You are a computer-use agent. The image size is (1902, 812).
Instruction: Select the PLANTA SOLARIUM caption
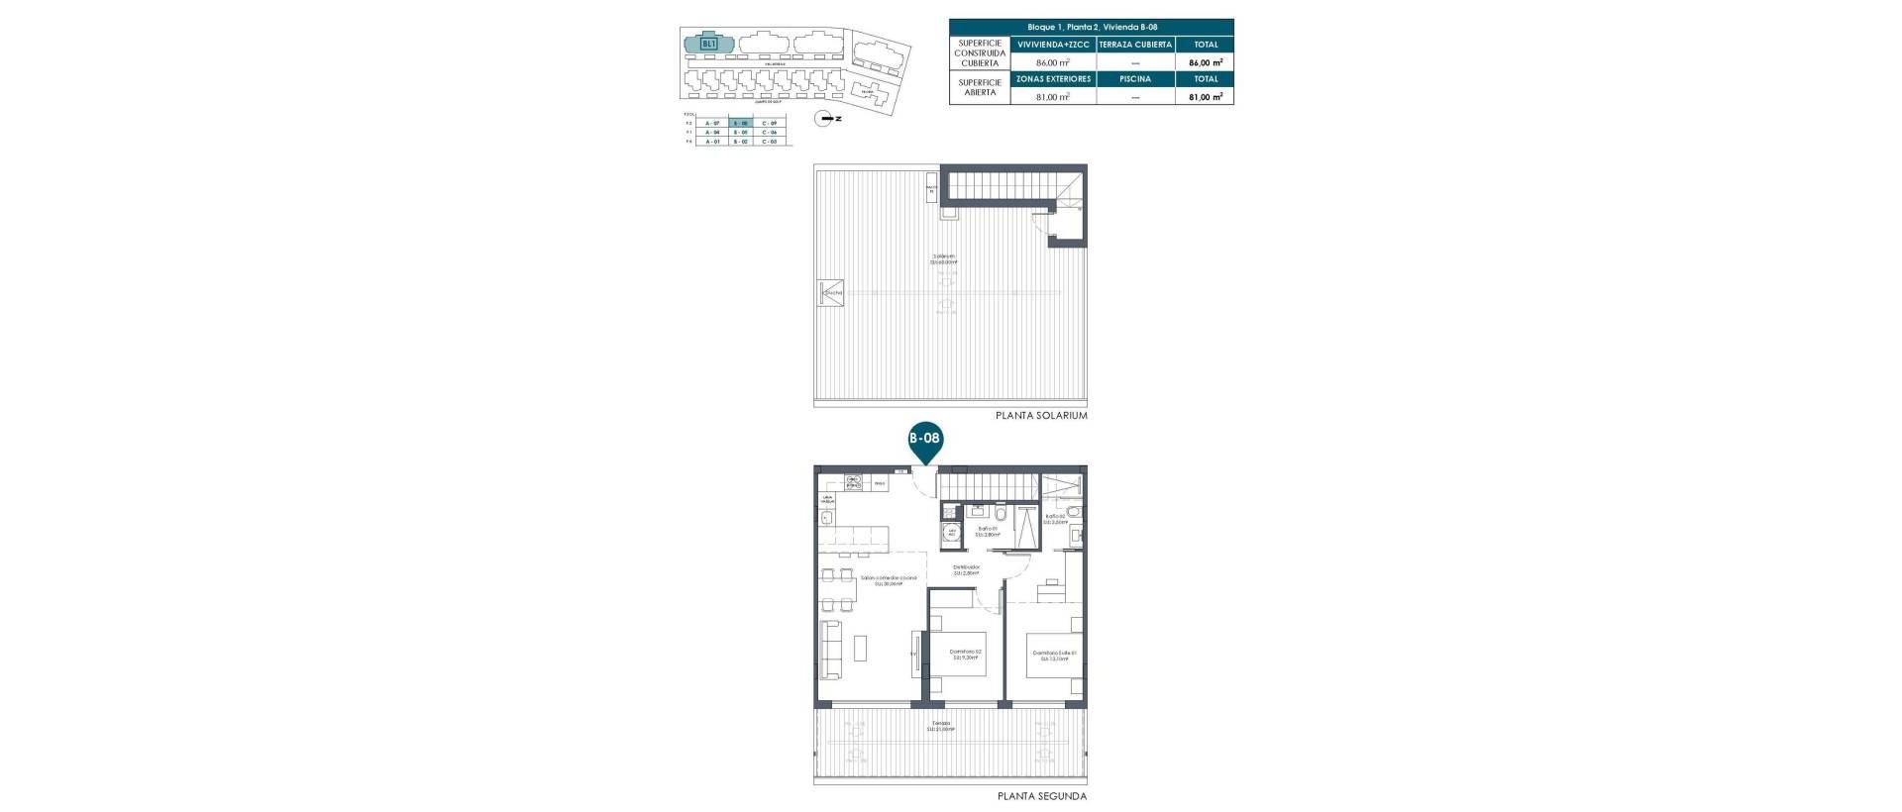1041,416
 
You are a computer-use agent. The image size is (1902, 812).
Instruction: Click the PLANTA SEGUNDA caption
1041,796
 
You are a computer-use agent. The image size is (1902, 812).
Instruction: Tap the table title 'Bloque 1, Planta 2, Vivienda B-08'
1092,28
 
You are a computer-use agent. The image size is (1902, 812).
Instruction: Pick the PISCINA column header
1135,79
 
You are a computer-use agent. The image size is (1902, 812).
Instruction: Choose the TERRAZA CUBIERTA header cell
1135,45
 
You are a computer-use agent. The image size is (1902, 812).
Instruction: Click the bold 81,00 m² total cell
1206,97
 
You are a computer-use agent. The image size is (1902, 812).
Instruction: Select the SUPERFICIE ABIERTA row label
979,87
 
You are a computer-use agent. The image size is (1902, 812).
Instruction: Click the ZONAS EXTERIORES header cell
1053,79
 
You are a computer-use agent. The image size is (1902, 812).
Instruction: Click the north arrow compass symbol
823,119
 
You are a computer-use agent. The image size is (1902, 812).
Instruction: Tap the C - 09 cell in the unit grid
769,123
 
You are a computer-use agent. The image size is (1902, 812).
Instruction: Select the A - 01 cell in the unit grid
710,142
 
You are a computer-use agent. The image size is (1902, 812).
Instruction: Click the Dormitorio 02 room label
966,655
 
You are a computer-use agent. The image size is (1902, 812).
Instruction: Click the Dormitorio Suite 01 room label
1053,655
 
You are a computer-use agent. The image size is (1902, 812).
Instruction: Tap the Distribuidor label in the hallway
966,570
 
